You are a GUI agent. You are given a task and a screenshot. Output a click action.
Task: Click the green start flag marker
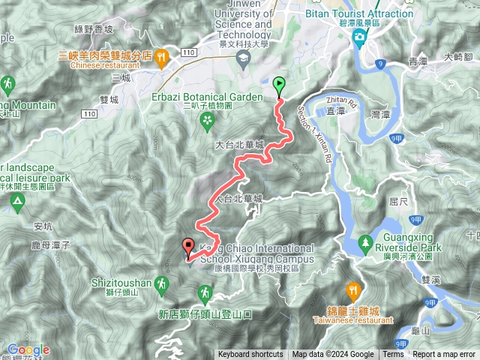click(280, 84)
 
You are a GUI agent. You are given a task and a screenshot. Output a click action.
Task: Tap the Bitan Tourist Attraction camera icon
click(360, 37)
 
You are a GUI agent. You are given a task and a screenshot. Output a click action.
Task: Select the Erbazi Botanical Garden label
click(217, 97)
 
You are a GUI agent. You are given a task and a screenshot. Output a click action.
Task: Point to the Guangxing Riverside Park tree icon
click(365, 242)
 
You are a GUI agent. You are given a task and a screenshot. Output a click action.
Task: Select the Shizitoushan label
click(121, 283)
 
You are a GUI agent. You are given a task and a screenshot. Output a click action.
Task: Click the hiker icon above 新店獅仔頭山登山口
click(203, 291)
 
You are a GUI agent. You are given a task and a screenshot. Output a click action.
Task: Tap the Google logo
click(28, 349)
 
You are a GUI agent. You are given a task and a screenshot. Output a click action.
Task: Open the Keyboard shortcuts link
click(250, 355)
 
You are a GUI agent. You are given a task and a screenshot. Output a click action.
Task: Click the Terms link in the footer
click(393, 355)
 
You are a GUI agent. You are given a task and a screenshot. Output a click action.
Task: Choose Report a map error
click(445, 355)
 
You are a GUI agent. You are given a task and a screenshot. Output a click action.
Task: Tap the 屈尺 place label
click(397, 202)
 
